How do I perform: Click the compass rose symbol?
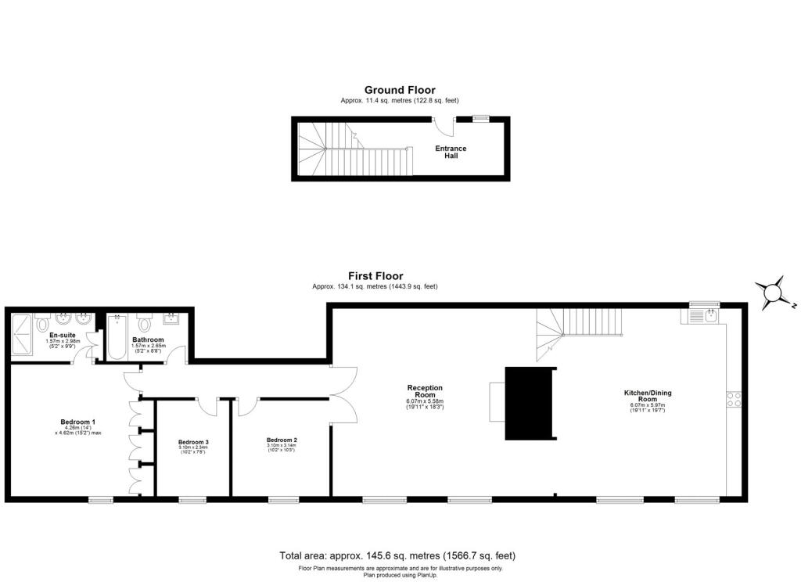(x=774, y=293)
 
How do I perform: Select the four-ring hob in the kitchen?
(x=734, y=399)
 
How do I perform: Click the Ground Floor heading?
(x=400, y=90)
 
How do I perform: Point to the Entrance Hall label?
(x=451, y=152)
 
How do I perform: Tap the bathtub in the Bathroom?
(x=117, y=337)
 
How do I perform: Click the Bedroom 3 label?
(x=193, y=442)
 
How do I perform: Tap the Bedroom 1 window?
(x=101, y=499)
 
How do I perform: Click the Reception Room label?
(x=425, y=390)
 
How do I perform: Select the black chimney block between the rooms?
(x=530, y=404)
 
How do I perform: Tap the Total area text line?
(x=397, y=555)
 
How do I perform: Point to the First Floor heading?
(x=375, y=276)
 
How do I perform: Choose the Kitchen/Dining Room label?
(x=647, y=396)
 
